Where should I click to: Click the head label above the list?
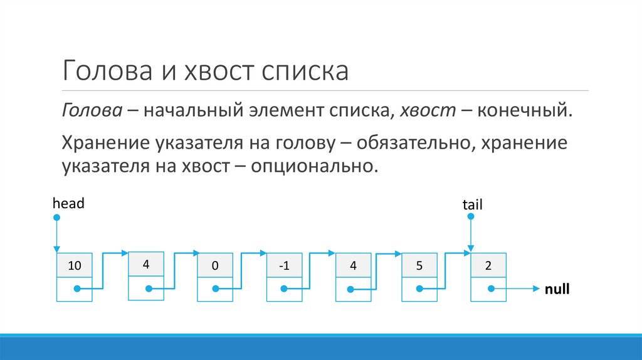coord(68,203)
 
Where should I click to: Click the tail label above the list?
coord(472,204)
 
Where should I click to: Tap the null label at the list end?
coord(557,290)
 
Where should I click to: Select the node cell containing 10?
coord(75,265)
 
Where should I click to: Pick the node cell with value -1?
coord(285,265)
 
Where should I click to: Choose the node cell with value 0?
coord(214,265)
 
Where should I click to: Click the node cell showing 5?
coord(419,265)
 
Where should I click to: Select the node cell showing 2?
coord(488,265)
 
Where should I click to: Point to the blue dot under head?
coord(57,218)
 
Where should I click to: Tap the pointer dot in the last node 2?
coord(490,289)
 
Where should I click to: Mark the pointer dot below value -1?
coord(285,289)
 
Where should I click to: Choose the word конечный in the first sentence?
coord(525,110)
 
